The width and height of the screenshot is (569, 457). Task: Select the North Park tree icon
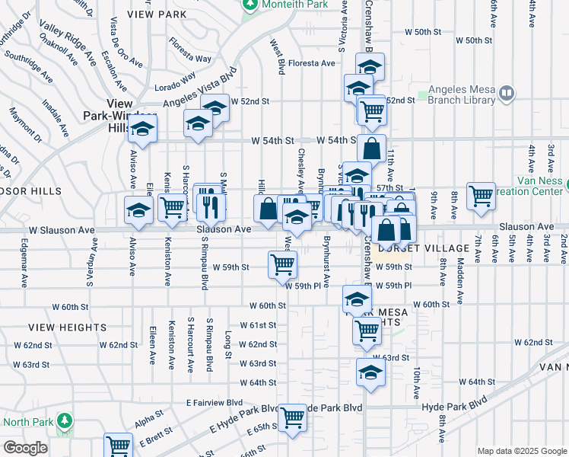pyautogui.click(x=65, y=420)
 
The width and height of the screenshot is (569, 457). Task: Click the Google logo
pyautogui.click(x=25, y=448)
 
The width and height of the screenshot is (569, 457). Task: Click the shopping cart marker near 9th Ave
pyautogui.click(x=481, y=196)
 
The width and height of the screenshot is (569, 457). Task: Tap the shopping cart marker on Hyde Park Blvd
pyautogui.click(x=292, y=417)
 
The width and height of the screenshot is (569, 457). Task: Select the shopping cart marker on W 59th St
pyautogui.click(x=282, y=264)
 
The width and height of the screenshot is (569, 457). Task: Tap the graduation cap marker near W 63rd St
pyautogui.click(x=370, y=372)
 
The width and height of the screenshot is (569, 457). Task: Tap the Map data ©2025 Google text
pyautogui.click(x=522, y=451)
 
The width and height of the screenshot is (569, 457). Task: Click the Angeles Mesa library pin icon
pyautogui.click(x=507, y=94)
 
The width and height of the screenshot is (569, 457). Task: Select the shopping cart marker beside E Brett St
pyautogui.click(x=119, y=445)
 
